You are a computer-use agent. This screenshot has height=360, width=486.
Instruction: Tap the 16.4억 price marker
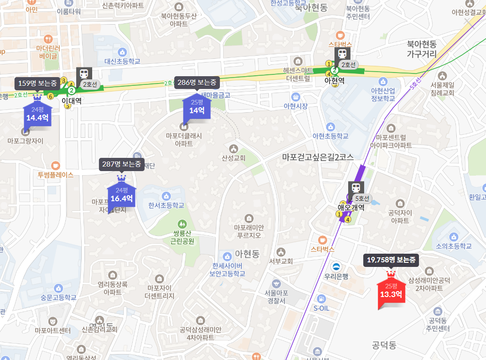(121, 195)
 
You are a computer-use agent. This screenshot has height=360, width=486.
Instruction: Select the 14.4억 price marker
(37, 115)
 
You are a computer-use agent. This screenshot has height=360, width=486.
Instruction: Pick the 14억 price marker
(197, 107)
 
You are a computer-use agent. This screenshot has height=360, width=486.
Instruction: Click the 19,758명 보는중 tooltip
(391, 260)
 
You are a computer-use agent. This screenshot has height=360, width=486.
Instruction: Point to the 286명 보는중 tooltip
(197, 83)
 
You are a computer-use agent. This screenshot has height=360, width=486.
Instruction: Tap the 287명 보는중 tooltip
(121, 164)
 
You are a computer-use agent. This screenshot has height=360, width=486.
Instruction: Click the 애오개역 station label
(350, 207)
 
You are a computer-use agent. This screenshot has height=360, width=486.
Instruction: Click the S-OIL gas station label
(321, 308)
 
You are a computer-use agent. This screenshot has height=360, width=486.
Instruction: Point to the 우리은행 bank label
(336, 276)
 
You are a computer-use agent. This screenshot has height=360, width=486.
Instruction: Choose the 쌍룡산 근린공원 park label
(182, 237)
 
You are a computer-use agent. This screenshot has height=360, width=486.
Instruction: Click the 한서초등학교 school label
(166, 205)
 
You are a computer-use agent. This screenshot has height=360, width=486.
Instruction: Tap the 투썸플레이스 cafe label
(56, 174)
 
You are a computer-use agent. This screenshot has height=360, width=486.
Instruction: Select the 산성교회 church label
(234, 158)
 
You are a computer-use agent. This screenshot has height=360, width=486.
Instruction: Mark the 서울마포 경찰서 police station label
(276, 297)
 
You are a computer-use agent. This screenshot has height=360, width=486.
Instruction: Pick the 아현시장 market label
(296, 106)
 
